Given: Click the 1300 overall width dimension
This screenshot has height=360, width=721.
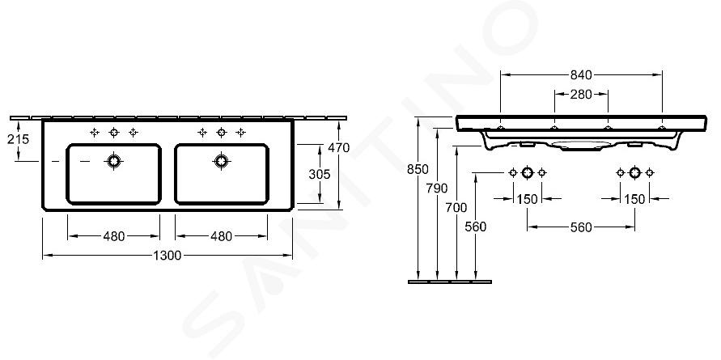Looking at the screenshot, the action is [168, 256].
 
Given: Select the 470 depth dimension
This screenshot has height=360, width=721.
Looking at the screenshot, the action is [339, 147].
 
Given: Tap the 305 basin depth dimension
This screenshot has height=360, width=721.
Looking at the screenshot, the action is [319, 174].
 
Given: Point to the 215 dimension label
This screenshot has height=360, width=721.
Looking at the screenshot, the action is [18, 139].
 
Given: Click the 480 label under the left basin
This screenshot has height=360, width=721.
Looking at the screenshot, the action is [113, 236].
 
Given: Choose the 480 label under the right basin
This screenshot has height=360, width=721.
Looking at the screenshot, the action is [221, 236].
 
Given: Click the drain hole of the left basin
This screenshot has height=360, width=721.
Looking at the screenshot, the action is [113, 161].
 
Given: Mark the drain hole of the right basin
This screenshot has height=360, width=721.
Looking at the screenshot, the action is [221, 161].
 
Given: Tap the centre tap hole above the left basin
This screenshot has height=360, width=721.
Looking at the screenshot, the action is [114, 133].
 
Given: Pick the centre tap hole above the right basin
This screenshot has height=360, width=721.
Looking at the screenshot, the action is [222, 133].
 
